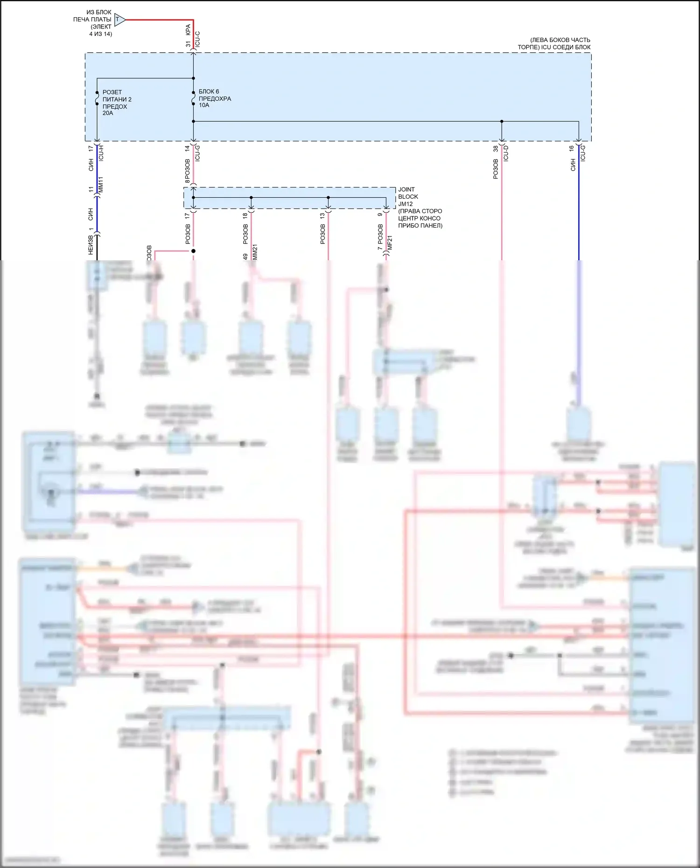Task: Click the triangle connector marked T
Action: [119, 20]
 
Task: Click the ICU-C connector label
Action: [197, 39]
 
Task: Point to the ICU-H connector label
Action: [101, 153]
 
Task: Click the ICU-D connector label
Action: [505, 153]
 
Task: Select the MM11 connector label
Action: [101, 185]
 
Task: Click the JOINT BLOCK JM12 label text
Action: [408, 196]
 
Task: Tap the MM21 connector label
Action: [255, 252]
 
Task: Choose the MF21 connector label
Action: [390, 243]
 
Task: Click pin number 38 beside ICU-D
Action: [496, 149]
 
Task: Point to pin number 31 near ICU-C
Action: [188, 44]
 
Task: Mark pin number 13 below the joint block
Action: [322, 215]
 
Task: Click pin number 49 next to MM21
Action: [245, 257]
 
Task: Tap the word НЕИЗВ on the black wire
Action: [91, 245]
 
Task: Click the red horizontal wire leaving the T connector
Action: [159, 20]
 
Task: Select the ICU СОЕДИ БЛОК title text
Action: [554, 43]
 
